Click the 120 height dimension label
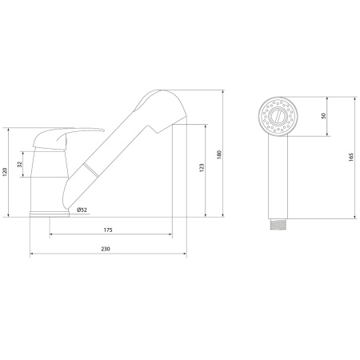4,172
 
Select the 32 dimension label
20,164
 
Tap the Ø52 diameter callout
82,210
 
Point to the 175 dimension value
108,230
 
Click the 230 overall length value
106,249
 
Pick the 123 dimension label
202,168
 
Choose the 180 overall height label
219,154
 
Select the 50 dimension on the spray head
324,116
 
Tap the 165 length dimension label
350,157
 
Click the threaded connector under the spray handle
278,224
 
